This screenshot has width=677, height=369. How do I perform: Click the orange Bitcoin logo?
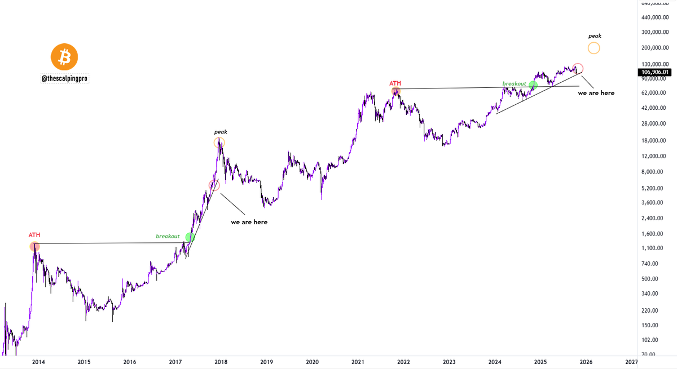click(64, 57)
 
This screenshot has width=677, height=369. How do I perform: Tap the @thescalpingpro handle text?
click(64, 80)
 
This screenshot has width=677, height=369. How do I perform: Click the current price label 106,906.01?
click(654, 72)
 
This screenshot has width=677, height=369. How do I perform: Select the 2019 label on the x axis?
click(267, 362)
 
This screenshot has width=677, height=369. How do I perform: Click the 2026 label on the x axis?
click(586, 362)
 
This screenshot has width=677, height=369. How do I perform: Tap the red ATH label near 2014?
click(34, 235)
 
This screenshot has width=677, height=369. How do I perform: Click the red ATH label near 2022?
click(395, 83)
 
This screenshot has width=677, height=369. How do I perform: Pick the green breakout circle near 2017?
click(190, 238)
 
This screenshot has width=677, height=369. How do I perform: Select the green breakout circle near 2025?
click(533, 85)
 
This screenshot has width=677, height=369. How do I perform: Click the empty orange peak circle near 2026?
click(594, 48)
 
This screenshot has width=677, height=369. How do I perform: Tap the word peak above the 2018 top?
click(220, 132)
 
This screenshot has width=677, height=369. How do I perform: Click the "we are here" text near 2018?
click(249, 222)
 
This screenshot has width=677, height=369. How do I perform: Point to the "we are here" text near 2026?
click(596, 93)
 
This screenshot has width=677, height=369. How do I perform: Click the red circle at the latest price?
click(577, 68)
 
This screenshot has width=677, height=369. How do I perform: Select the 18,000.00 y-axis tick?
click(654, 140)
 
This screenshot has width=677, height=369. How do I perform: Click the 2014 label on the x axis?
click(38, 362)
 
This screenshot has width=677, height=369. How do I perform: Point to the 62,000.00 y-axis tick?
click(654, 92)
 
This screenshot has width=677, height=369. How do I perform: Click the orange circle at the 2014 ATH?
click(34, 246)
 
